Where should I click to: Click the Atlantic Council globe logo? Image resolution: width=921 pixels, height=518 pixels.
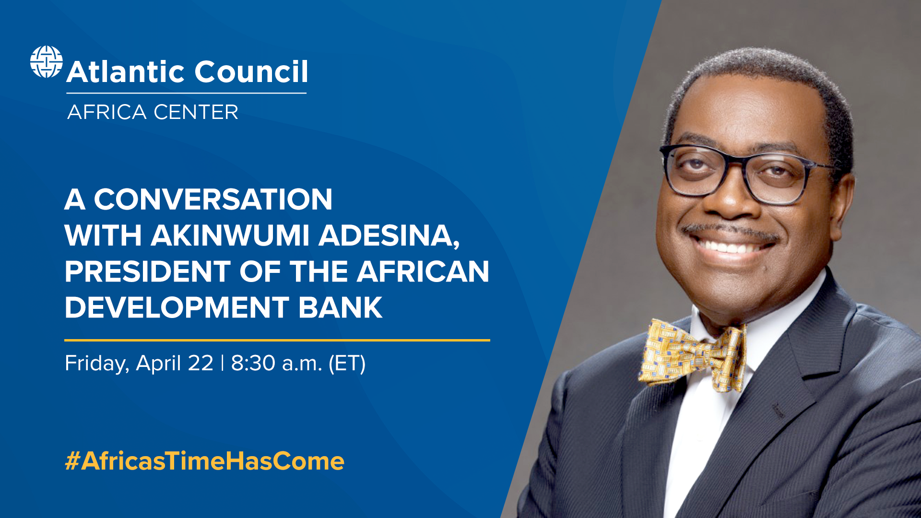click(46, 62)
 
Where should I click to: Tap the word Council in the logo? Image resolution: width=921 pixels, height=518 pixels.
click(251, 72)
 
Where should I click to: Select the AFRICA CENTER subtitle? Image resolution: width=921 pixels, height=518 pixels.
click(153, 112)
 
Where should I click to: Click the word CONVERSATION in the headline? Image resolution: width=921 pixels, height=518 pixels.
click(213, 200)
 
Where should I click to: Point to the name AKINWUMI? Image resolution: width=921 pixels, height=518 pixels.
click(230, 235)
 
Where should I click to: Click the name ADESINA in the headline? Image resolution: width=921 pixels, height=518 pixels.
click(387, 235)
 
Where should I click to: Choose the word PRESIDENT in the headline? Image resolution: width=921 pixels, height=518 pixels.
click(147, 271)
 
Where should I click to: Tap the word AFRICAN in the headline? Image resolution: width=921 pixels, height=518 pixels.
click(423, 271)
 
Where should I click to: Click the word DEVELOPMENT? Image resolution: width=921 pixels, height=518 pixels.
click(177, 307)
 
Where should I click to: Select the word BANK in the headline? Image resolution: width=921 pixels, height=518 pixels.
click(340, 307)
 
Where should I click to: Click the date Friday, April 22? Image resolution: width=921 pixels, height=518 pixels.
click(139, 363)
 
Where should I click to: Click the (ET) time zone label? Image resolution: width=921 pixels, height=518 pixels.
click(347, 363)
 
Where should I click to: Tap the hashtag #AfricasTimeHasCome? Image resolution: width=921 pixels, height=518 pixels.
click(204, 461)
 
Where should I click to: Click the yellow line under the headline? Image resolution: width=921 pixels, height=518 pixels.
click(277, 340)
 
